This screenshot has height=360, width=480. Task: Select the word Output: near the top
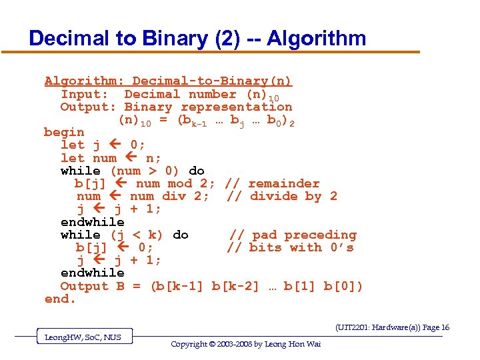(89, 107)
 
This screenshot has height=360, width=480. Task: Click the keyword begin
(64, 133)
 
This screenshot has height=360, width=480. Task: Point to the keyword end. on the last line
(60, 299)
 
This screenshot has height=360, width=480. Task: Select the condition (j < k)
(137, 235)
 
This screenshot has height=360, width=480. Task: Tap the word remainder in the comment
(284, 183)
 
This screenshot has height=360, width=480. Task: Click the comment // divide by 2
(282, 196)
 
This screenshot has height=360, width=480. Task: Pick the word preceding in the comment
(321, 235)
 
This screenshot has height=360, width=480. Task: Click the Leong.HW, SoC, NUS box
(83, 337)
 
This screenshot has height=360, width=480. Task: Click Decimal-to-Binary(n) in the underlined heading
(212, 81)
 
